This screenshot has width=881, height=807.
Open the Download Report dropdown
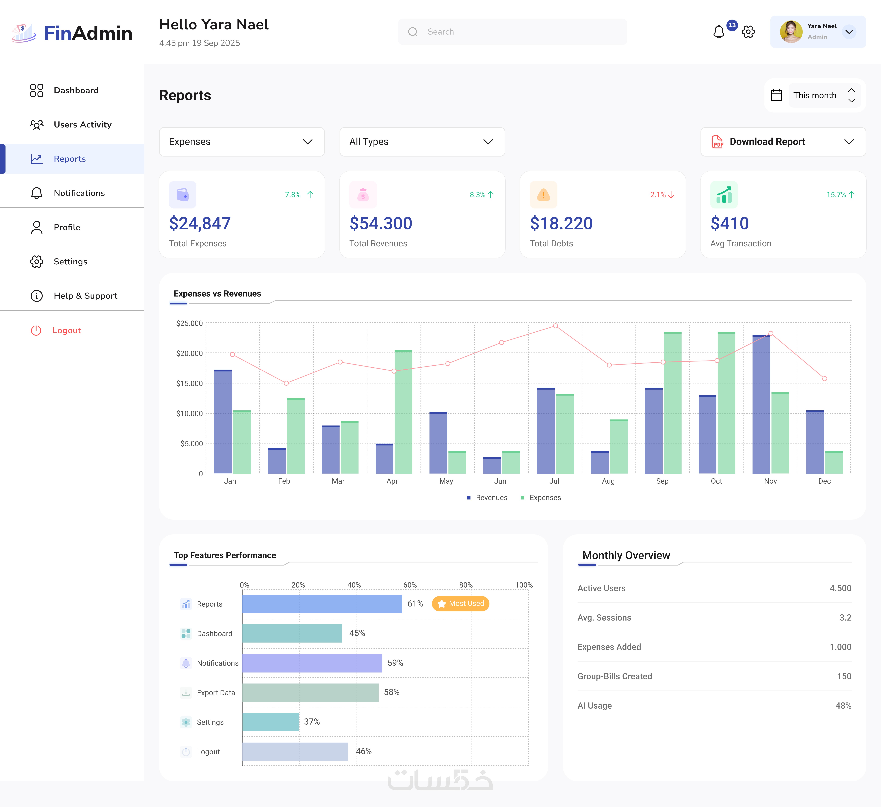(x=783, y=142)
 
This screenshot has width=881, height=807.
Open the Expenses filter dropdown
(x=242, y=142)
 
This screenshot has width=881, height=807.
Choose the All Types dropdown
(x=422, y=142)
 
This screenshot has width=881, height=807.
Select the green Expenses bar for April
(x=403, y=412)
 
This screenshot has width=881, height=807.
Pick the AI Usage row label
(x=594, y=706)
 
